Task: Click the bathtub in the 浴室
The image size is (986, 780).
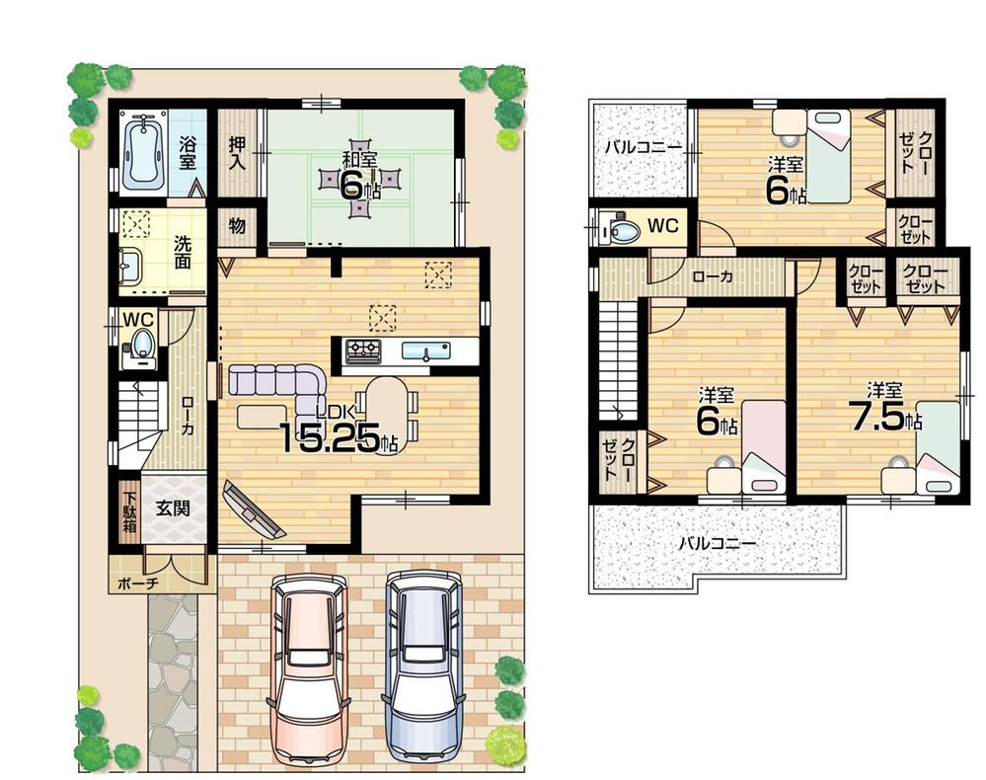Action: (x=144, y=151)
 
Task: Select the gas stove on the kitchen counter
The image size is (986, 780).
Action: (x=362, y=350)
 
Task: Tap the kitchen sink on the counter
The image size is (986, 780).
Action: (x=425, y=351)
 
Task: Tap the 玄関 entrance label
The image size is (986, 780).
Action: (x=174, y=510)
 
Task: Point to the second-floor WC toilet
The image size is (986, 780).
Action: (x=623, y=231)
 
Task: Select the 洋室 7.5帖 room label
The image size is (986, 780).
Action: (x=884, y=407)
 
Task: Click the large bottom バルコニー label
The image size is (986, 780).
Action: (x=718, y=544)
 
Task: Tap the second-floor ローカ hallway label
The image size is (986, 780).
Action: (x=712, y=277)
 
